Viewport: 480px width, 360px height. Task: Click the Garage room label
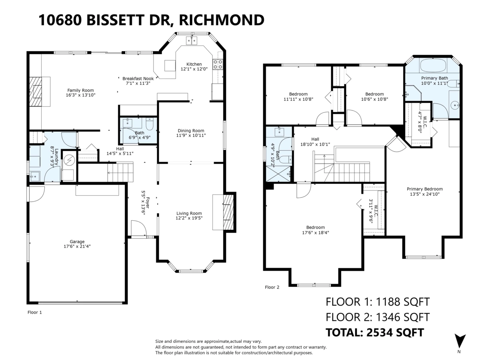tap(77, 242)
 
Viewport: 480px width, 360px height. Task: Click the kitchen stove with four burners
tap(218, 64)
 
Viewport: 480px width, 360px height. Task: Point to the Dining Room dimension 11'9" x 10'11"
tap(191, 135)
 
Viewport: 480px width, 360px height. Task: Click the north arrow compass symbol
tap(460, 341)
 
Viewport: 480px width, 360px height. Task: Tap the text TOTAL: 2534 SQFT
tap(375, 332)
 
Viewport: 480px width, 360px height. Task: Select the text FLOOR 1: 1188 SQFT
tap(378, 302)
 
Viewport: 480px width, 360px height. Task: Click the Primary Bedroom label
tap(425, 189)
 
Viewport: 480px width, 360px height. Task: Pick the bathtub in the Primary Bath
tap(433, 66)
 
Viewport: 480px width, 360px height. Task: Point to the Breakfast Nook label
tap(136, 78)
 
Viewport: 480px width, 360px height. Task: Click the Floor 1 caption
tap(34, 312)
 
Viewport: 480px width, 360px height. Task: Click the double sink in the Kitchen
tap(192, 40)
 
